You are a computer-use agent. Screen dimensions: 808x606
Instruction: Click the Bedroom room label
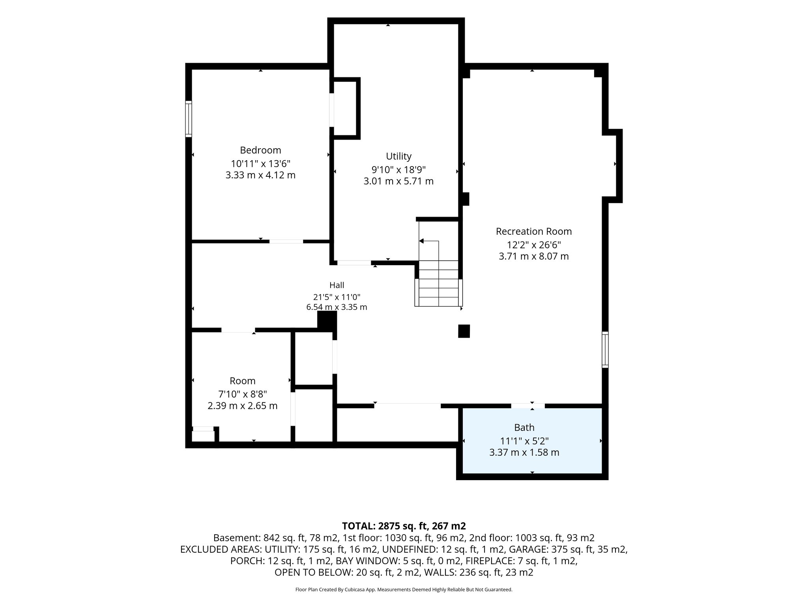pos(260,150)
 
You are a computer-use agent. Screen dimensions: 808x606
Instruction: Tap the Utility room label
pos(398,156)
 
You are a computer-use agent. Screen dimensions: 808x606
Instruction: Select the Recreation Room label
pos(534,232)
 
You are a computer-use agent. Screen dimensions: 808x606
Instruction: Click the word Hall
pos(337,285)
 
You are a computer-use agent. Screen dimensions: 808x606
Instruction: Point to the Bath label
pos(524,427)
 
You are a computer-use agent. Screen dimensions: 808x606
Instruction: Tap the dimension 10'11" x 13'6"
pos(260,163)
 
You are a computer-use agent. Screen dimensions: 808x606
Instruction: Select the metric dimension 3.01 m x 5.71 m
pos(398,181)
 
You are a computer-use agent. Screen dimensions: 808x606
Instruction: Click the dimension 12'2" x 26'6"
pos(534,245)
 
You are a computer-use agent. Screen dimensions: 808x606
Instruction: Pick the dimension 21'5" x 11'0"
pos(337,297)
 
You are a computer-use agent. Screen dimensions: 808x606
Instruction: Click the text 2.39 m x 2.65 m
pos(243,406)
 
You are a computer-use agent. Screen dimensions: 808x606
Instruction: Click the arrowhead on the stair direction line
pos(421,241)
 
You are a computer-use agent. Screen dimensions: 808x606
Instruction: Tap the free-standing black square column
pos(464,331)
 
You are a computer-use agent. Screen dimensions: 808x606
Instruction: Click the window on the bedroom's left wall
pos(189,119)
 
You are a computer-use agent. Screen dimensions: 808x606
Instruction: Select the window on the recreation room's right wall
pos(605,350)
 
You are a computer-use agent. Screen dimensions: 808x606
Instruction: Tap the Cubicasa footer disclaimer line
pos(404,590)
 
